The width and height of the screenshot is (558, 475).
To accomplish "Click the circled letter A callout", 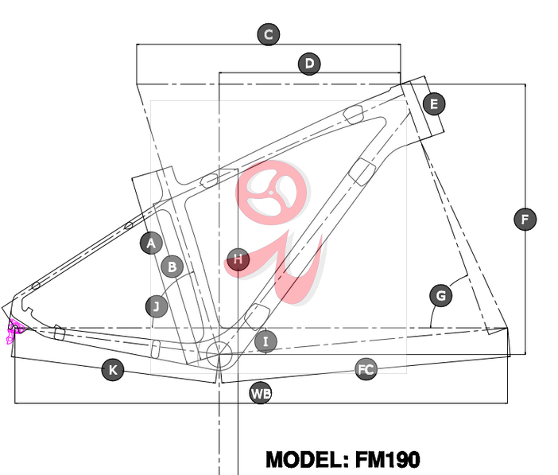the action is pos(151,243).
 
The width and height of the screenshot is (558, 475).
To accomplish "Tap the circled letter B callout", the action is pos(172,267).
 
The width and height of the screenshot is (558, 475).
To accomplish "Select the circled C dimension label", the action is pos(269,34).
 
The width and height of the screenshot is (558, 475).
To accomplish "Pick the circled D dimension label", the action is pos(309,64).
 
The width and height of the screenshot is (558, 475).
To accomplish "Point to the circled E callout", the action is pos(434,104).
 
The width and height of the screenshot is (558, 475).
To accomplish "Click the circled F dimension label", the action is pos(525,219).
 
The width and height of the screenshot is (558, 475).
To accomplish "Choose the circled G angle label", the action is pos(441,295).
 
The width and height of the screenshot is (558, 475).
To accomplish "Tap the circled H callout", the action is pos(238,259).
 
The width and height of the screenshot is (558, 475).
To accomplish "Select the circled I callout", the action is pos(265,341).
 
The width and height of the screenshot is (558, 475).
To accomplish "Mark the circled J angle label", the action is pos(157,306).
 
